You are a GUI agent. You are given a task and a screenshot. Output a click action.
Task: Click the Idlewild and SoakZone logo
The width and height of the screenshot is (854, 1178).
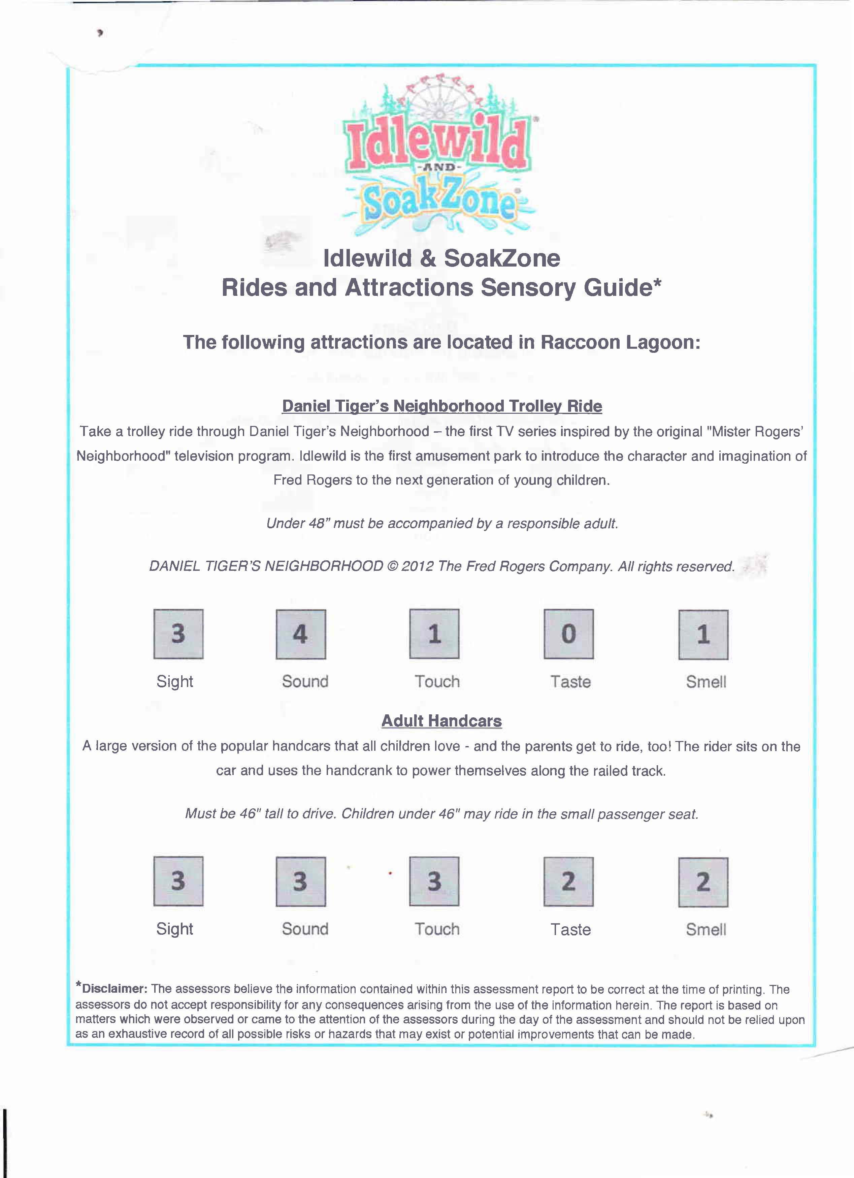click(439, 161)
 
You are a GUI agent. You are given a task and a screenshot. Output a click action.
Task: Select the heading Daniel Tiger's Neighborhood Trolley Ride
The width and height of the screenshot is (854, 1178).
click(442, 406)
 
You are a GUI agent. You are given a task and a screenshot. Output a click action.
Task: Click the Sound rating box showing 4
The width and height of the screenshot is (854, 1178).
click(301, 634)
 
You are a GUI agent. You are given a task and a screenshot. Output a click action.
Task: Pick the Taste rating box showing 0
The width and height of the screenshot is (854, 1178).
click(568, 634)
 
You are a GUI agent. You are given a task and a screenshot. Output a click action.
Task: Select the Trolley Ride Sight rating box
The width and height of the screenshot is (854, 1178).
click(178, 634)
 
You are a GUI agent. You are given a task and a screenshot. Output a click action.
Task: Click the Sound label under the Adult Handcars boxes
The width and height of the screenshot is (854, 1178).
click(305, 929)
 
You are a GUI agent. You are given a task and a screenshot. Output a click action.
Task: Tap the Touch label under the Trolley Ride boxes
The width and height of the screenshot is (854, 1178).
click(437, 681)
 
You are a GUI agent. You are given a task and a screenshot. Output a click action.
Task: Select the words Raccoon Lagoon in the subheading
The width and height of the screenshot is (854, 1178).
click(620, 342)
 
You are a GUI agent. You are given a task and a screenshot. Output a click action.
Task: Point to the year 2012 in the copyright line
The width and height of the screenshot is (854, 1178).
click(417, 566)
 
